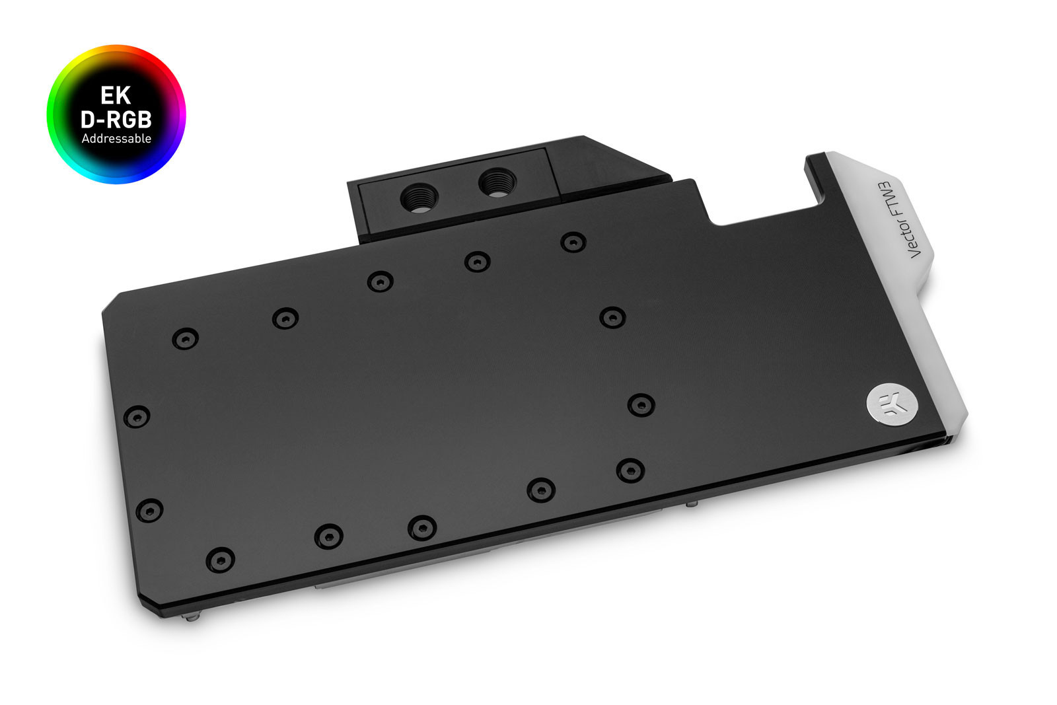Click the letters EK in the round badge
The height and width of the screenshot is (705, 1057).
[x=116, y=96]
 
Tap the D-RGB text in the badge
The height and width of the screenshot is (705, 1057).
[x=116, y=120]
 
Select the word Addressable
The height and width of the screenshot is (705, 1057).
[x=116, y=139]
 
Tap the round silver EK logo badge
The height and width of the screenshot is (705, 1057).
[x=891, y=402]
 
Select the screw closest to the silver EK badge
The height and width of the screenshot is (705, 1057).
[x=641, y=404]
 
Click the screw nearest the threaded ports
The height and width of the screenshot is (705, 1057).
[x=477, y=262]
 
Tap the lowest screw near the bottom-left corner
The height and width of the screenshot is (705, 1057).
[x=220, y=560]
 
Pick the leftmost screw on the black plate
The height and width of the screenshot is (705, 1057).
[x=137, y=416]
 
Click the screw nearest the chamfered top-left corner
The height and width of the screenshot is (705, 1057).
[x=185, y=339]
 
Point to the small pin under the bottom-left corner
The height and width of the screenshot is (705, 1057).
[x=192, y=619]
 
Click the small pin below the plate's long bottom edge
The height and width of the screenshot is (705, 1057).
[x=690, y=504]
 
